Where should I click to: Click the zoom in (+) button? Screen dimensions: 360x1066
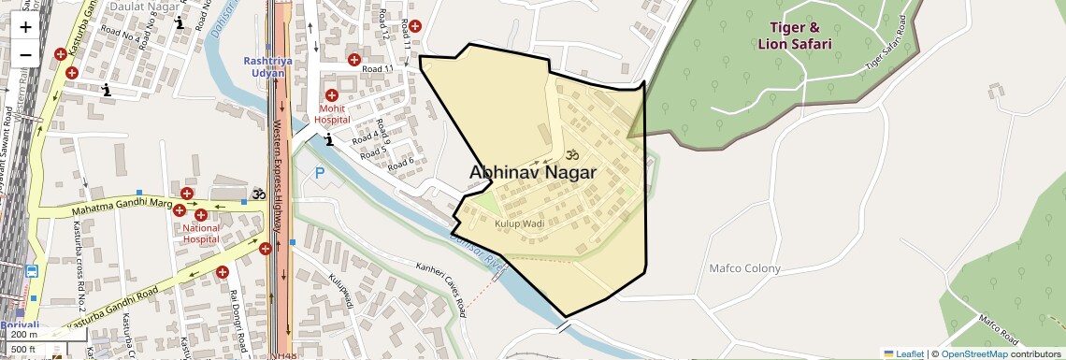coord(25,26)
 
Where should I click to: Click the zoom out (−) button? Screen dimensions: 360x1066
coord(25,54)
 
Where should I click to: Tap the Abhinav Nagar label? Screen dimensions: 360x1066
coord(532,172)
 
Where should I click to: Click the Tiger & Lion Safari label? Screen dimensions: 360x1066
coord(800,36)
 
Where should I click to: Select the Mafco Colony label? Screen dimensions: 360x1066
coord(744,268)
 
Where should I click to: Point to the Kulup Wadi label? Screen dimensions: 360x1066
coord(519,225)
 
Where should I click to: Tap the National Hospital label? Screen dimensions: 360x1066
coord(201,232)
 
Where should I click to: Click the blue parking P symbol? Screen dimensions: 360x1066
coord(320,173)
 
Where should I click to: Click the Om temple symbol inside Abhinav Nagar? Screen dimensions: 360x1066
coord(573,152)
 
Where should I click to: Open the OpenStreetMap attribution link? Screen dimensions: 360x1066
coord(973,353)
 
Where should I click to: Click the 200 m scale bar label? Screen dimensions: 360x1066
coord(24,335)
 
